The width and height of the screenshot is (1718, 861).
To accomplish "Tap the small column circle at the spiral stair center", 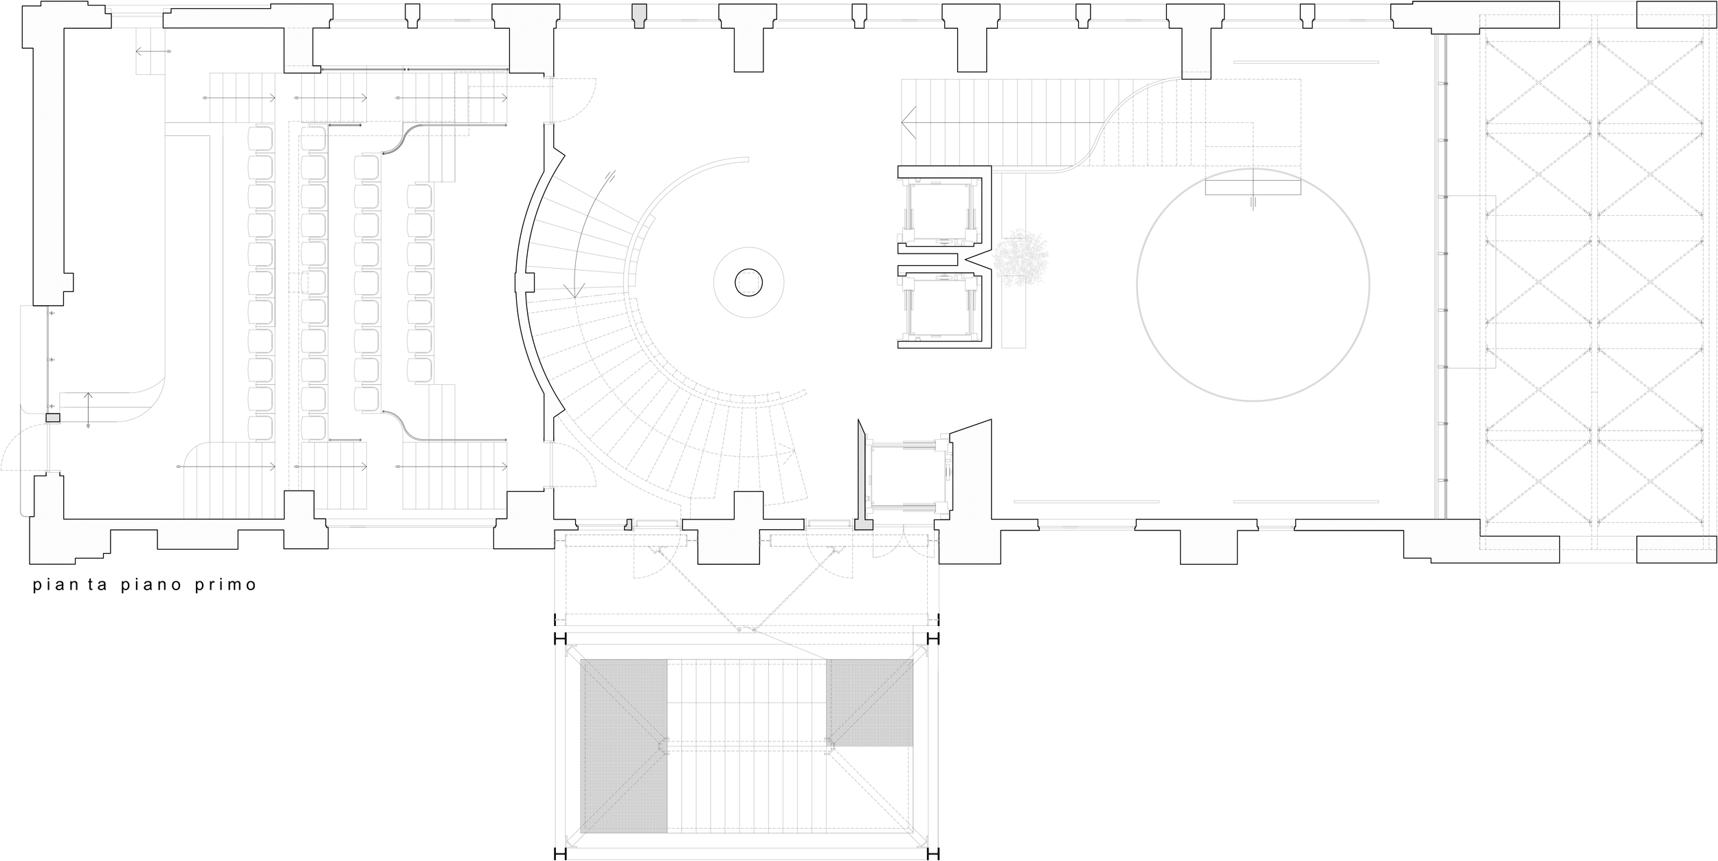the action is click(x=748, y=282).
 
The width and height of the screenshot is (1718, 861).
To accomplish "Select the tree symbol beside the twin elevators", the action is click(x=1020, y=257).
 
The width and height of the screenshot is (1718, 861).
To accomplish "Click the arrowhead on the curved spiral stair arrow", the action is click(x=574, y=291).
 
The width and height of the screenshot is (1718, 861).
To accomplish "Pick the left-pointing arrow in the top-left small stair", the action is click(x=140, y=52).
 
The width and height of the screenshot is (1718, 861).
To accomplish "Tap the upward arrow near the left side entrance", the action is click(x=89, y=397).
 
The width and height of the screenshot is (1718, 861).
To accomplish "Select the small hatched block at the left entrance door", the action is click(x=52, y=417).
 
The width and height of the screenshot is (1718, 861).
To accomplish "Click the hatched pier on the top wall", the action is click(x=639, y=15).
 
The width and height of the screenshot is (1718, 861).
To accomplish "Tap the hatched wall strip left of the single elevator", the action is click(x=860, y=474).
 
